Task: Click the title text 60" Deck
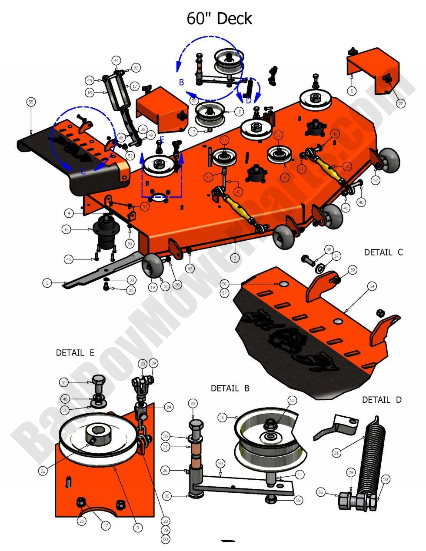click(x=219, y=19)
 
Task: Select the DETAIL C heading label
click(x=383, y=252)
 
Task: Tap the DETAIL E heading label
click(x=75, y=353)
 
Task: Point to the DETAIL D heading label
click(x=383, y=399)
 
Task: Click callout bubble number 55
click(x=31, y=102)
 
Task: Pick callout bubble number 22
click(x=400, y=103)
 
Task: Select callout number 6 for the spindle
click(x=66, y=229)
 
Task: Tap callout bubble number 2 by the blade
click(x=47, y=283)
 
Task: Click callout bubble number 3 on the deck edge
click(x=235, y=258)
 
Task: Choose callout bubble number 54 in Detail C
click(x=372, y=286)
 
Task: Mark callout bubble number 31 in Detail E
click(x=64, y=382)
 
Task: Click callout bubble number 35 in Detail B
click(x=193, y=403)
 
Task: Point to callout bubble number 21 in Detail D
click(x=336, y=453)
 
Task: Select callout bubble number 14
click(x=346, y=166)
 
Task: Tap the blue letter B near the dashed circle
click(x=182, y=82)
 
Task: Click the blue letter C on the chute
click(x=83, y=172)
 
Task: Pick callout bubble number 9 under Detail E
click(x=137, y=528)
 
